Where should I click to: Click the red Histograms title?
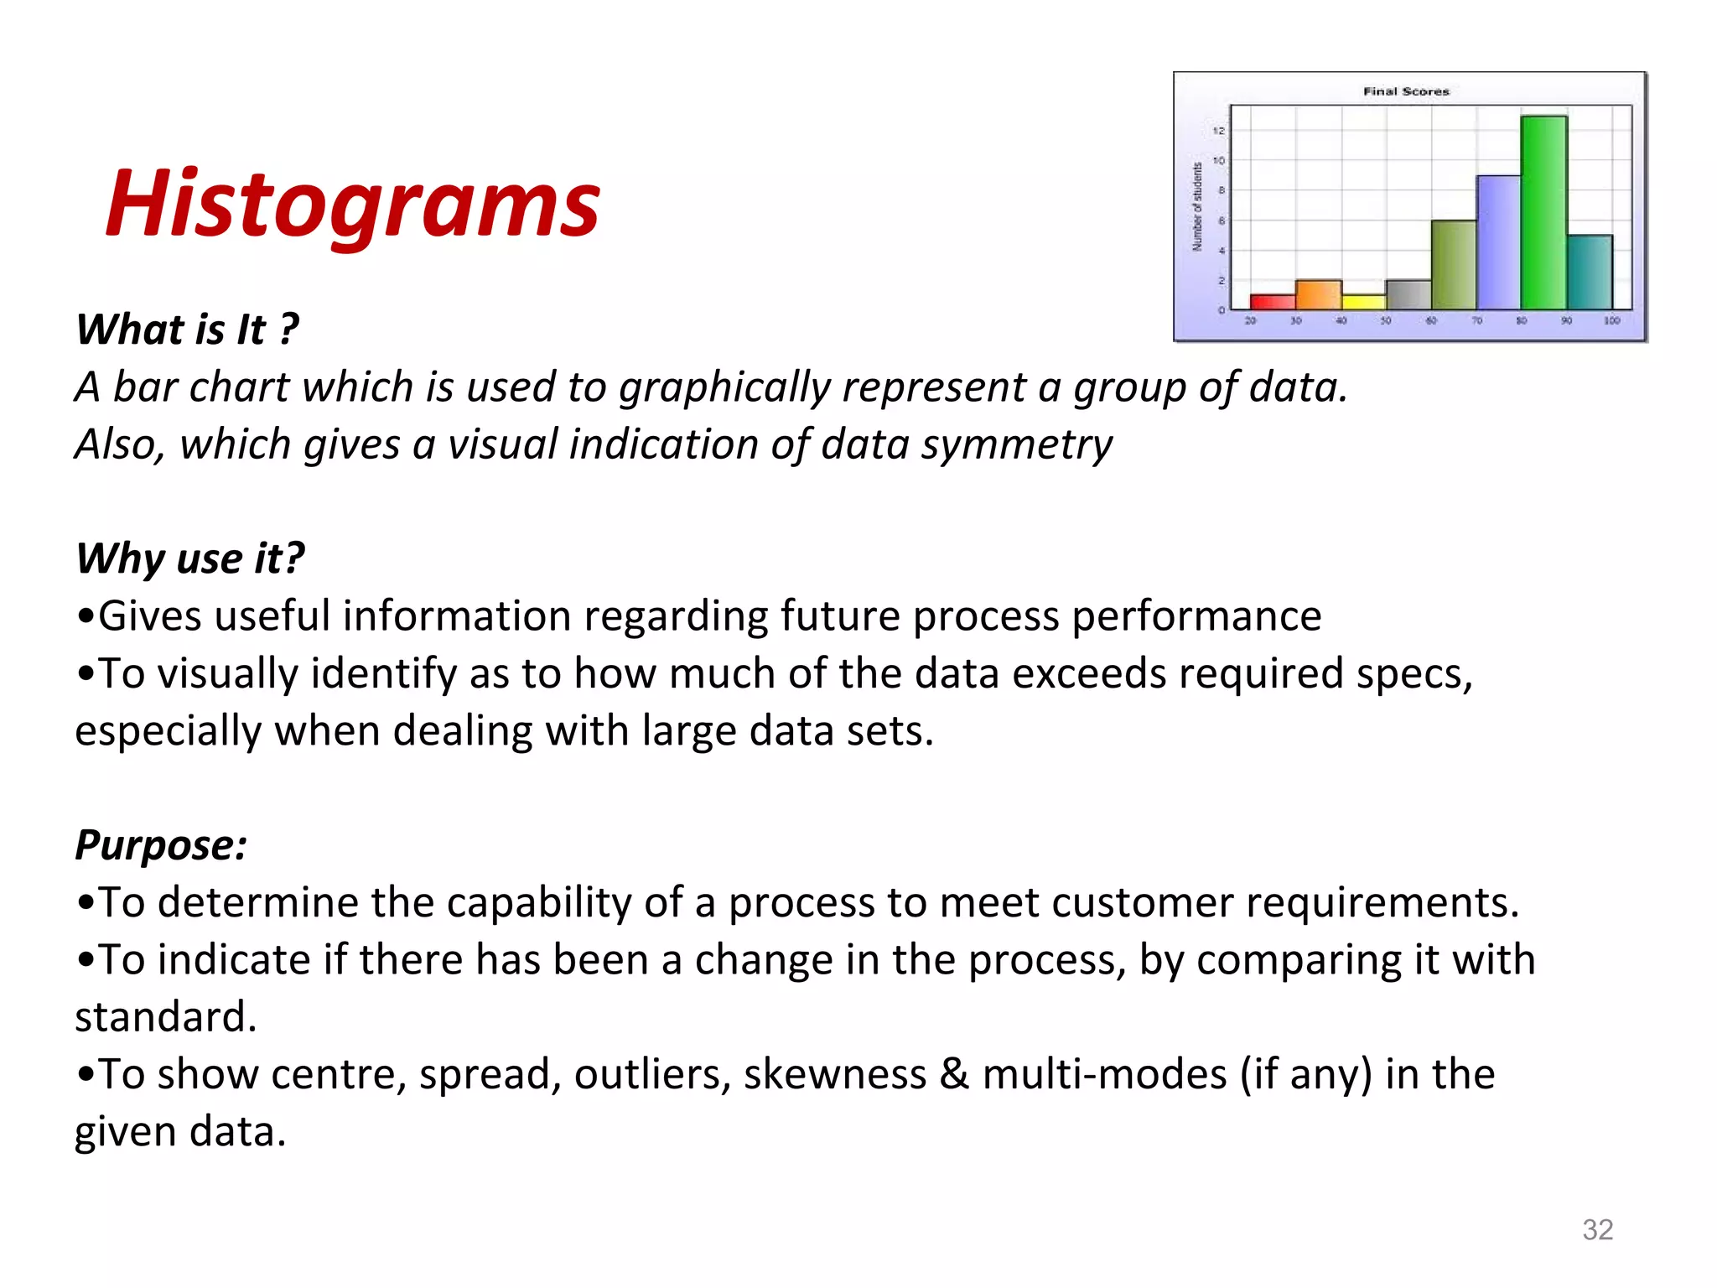352,204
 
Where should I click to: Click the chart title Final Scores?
1406,91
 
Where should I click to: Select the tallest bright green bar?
1543,214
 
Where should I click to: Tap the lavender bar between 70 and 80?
1498,243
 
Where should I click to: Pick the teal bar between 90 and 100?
1590,273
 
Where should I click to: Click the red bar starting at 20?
1273,301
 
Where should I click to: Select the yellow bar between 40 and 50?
1363,301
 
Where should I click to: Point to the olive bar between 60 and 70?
1453,265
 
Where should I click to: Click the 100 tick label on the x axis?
1611,321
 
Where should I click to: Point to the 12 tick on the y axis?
1219,131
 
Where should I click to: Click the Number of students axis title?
1197,206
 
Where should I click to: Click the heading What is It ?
187,329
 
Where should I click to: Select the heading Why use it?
190,558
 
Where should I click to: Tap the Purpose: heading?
161,844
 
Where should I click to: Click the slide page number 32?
1597,1229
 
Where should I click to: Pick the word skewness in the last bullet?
834,1074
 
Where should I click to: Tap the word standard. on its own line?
166,1017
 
